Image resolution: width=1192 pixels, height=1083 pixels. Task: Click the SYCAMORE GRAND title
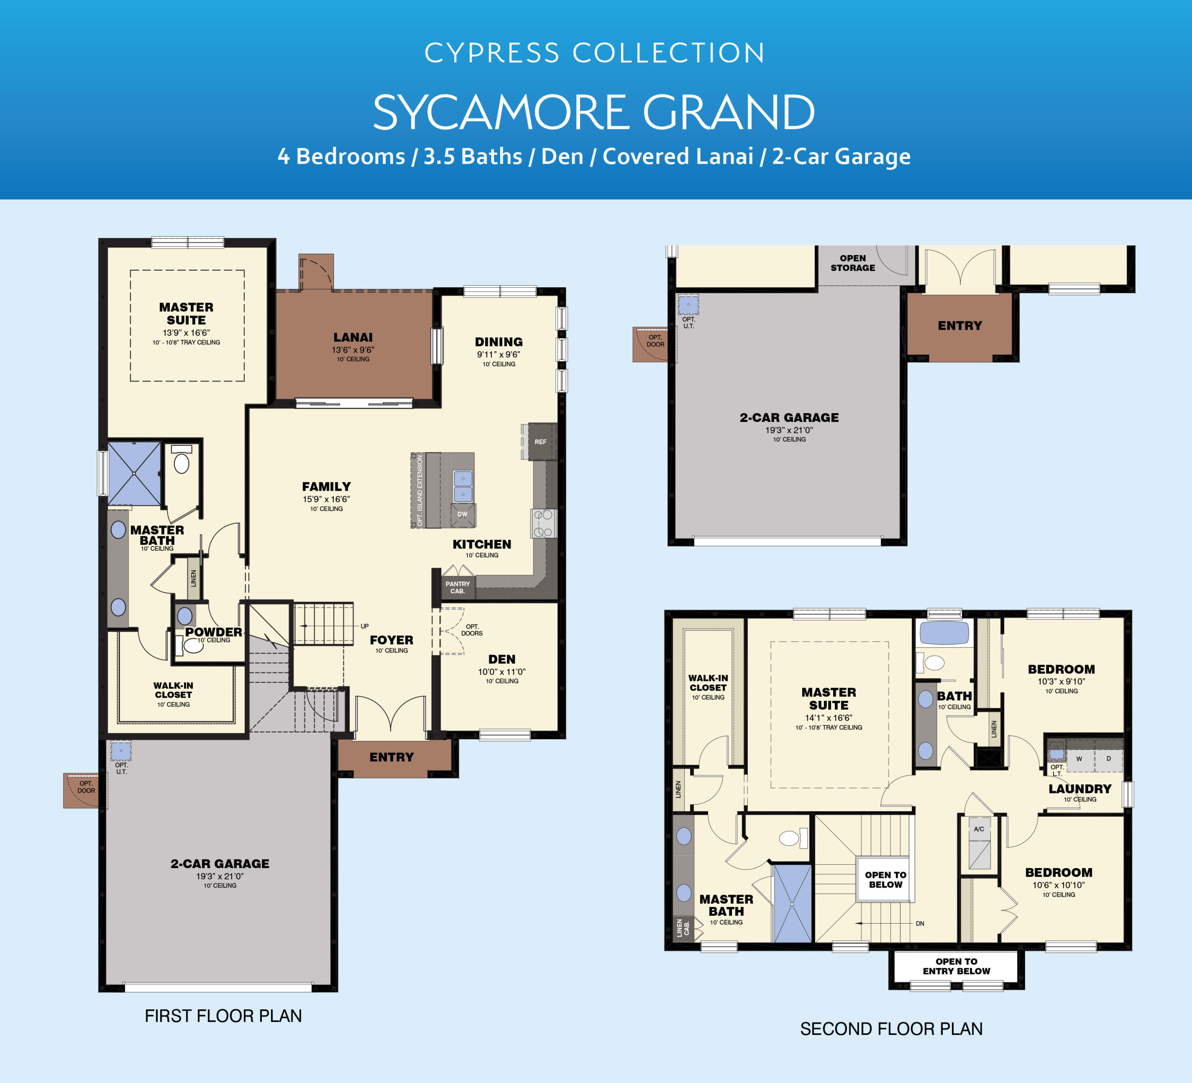click(x=594, y=112)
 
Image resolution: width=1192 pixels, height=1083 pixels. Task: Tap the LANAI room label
click(x=353, y=338)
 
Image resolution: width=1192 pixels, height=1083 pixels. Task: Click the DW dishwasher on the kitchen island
click(x=462, y=514)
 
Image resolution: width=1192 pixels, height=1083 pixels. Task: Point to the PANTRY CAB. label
click(x=458, y=588)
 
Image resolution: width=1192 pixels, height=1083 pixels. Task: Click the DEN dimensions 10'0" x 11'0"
click(x=501, y=671)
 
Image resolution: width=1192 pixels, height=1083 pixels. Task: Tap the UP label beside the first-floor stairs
click(x=365, y=626)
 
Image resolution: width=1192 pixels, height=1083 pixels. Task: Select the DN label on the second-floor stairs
click(x=920, y=923)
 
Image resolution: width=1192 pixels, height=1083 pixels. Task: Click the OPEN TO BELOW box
click(x=885, y=880)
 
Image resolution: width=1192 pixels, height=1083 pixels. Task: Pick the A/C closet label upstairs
click(x=979, y=829)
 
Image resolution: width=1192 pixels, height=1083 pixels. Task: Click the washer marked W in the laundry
click(x=1079, y=759)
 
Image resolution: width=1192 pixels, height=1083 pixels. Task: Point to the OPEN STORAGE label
click(x=853, y=263)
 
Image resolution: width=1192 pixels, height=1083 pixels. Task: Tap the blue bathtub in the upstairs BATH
click(x=944, y=633)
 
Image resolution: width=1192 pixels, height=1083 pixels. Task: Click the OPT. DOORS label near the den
click(x=472, y=630)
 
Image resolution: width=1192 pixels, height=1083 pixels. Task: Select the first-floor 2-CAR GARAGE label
click(x=220, y=864)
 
